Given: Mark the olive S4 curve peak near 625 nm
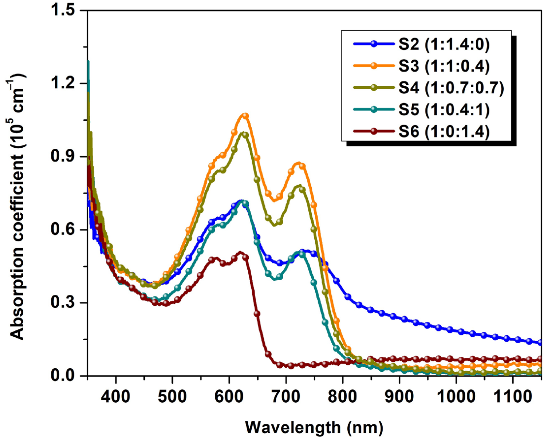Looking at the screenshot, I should [x=243, y=134].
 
